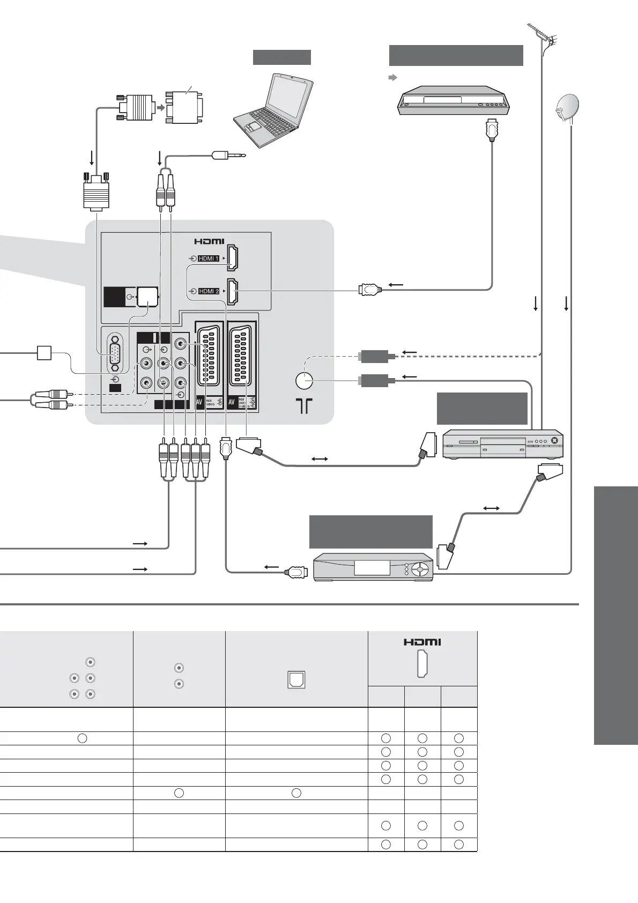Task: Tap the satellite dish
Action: coord(568,108)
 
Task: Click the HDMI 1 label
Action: coord(209,258)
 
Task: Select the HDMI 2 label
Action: coord(209,291)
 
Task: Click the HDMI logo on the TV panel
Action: coord(209,241)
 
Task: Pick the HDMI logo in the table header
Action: coord(422,642)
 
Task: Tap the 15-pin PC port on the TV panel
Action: coord(115,353)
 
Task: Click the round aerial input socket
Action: coord(304,380)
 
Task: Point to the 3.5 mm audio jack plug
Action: coord(228,156)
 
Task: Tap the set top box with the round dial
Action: coord(373,567)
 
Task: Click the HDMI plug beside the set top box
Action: coord(296,572)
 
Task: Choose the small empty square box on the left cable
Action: coord(44,353)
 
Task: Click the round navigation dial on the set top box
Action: coord(422,568)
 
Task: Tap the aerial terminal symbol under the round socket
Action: coord(304,405)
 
